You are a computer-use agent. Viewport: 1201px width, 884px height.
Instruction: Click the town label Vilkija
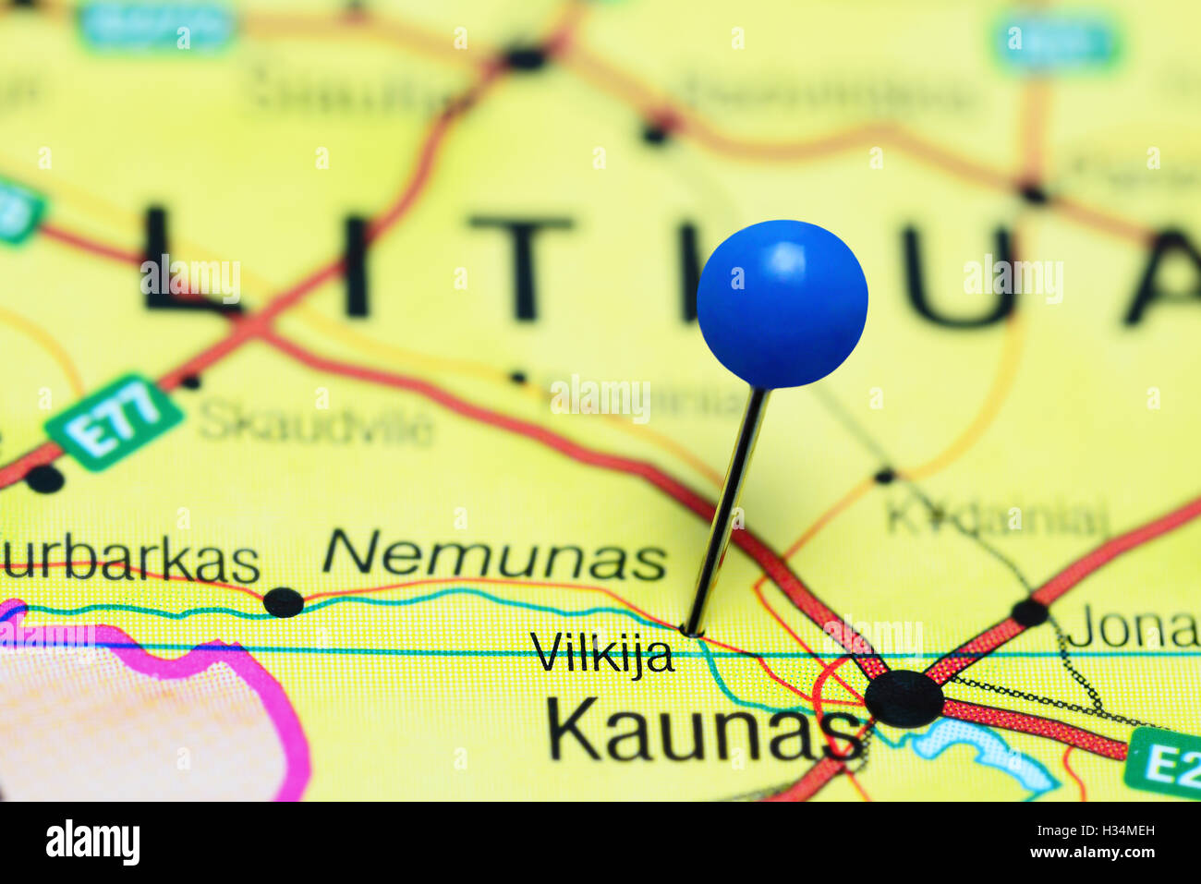pos(601,654)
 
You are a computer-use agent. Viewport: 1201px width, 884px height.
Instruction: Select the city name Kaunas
pos(703,730)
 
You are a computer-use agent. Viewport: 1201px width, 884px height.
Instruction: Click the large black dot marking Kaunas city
pos(904,699)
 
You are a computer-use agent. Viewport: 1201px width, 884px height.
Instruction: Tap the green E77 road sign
pos(114,421)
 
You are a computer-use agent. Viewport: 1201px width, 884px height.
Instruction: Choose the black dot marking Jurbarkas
pos(283,602)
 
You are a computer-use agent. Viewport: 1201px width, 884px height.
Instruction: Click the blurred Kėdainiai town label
pos(996,517)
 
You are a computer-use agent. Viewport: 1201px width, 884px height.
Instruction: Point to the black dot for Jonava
pos(1029,612)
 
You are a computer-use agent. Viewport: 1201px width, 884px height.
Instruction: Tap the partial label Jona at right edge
pos(1134,630)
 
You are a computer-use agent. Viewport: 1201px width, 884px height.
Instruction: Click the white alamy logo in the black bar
pos(92,842)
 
